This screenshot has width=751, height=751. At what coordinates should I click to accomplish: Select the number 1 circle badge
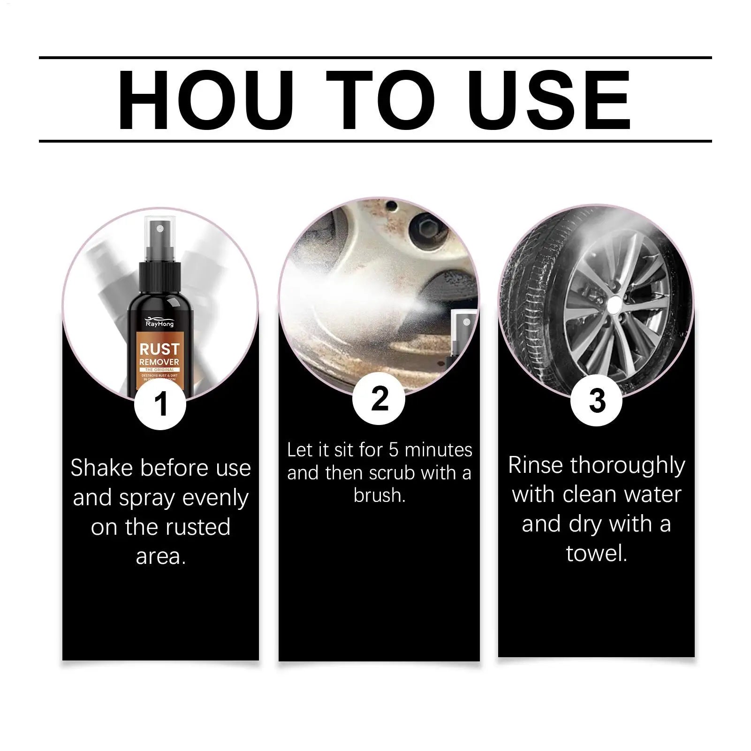pyautogui.click(x=160, y=404)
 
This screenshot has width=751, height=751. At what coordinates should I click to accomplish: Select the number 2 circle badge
pyautogui.click(x=379, y=399)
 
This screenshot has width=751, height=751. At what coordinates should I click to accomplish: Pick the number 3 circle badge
pyautogui.click(x=596, y=401)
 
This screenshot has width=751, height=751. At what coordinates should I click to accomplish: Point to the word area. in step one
pyautogui.click(x=160, y=556)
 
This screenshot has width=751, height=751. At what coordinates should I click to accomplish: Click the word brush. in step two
pyautogui.click(x=379, y=495)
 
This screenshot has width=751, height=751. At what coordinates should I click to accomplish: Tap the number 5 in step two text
pyautogui.click(x=394, y=450)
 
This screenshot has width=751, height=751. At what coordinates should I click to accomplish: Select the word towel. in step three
pyautogui.click(x=596, y=553)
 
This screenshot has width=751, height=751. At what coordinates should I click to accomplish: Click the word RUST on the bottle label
pyautogui.click(x=159, y=349)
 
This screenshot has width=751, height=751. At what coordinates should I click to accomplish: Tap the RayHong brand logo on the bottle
pyautogui.click(x=159, y=323)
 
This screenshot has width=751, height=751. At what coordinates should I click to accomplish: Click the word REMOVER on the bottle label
pyautogui.click(x=159, y=362)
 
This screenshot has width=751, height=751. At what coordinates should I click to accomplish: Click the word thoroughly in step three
pyautogui.click(x=628, y=465)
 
